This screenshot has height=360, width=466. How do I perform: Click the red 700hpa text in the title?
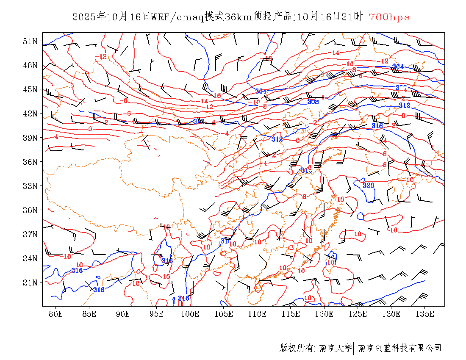point(389,17)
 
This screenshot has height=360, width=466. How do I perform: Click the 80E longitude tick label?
point(56,314)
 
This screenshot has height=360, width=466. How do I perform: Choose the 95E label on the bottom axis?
point(157,314)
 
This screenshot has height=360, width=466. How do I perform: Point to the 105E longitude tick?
point(224,314)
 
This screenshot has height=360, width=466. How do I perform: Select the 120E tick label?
point(325,314)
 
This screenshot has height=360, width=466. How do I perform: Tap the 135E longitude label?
point(425,314)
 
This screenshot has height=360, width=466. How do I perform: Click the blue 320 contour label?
point(369,185)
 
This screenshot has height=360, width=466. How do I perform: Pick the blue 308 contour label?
point(313,102)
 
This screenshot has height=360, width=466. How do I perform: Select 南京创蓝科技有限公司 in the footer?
point(399,348)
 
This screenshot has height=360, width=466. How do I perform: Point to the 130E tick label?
point(391,314)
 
